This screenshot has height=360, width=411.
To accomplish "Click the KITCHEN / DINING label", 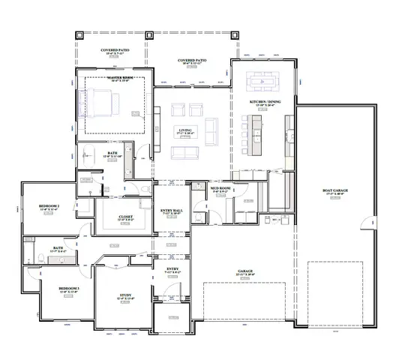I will [x=262, y=103].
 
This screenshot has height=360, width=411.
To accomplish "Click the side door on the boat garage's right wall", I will [x=364, y=222].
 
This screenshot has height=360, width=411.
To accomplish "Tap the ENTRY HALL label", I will [x=171, y=211].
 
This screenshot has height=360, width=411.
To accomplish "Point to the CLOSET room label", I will [x=126, y=217].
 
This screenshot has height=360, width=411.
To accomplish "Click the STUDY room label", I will [x=125, y=296].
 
